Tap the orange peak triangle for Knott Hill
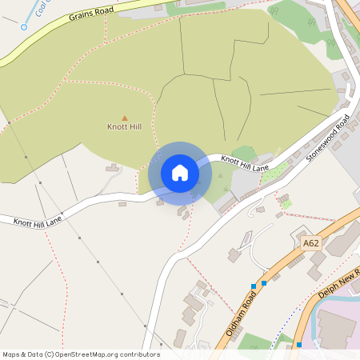point(124,118)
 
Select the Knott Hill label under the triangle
point(124,127)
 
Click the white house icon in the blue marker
point(180,173)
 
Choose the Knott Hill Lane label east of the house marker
point(245,164)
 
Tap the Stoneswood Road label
point(329,139)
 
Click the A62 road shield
point(311,242)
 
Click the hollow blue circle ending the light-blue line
point(24,26)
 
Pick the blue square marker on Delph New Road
point(299,345)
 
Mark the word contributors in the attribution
point(140,354)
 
